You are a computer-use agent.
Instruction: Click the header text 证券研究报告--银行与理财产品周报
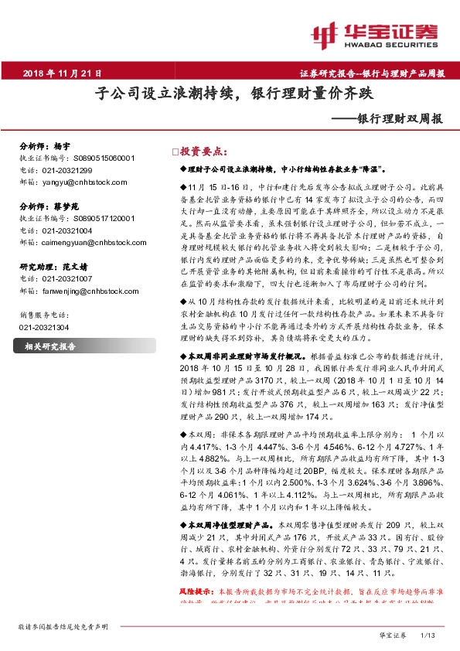(x=372, y=74)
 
